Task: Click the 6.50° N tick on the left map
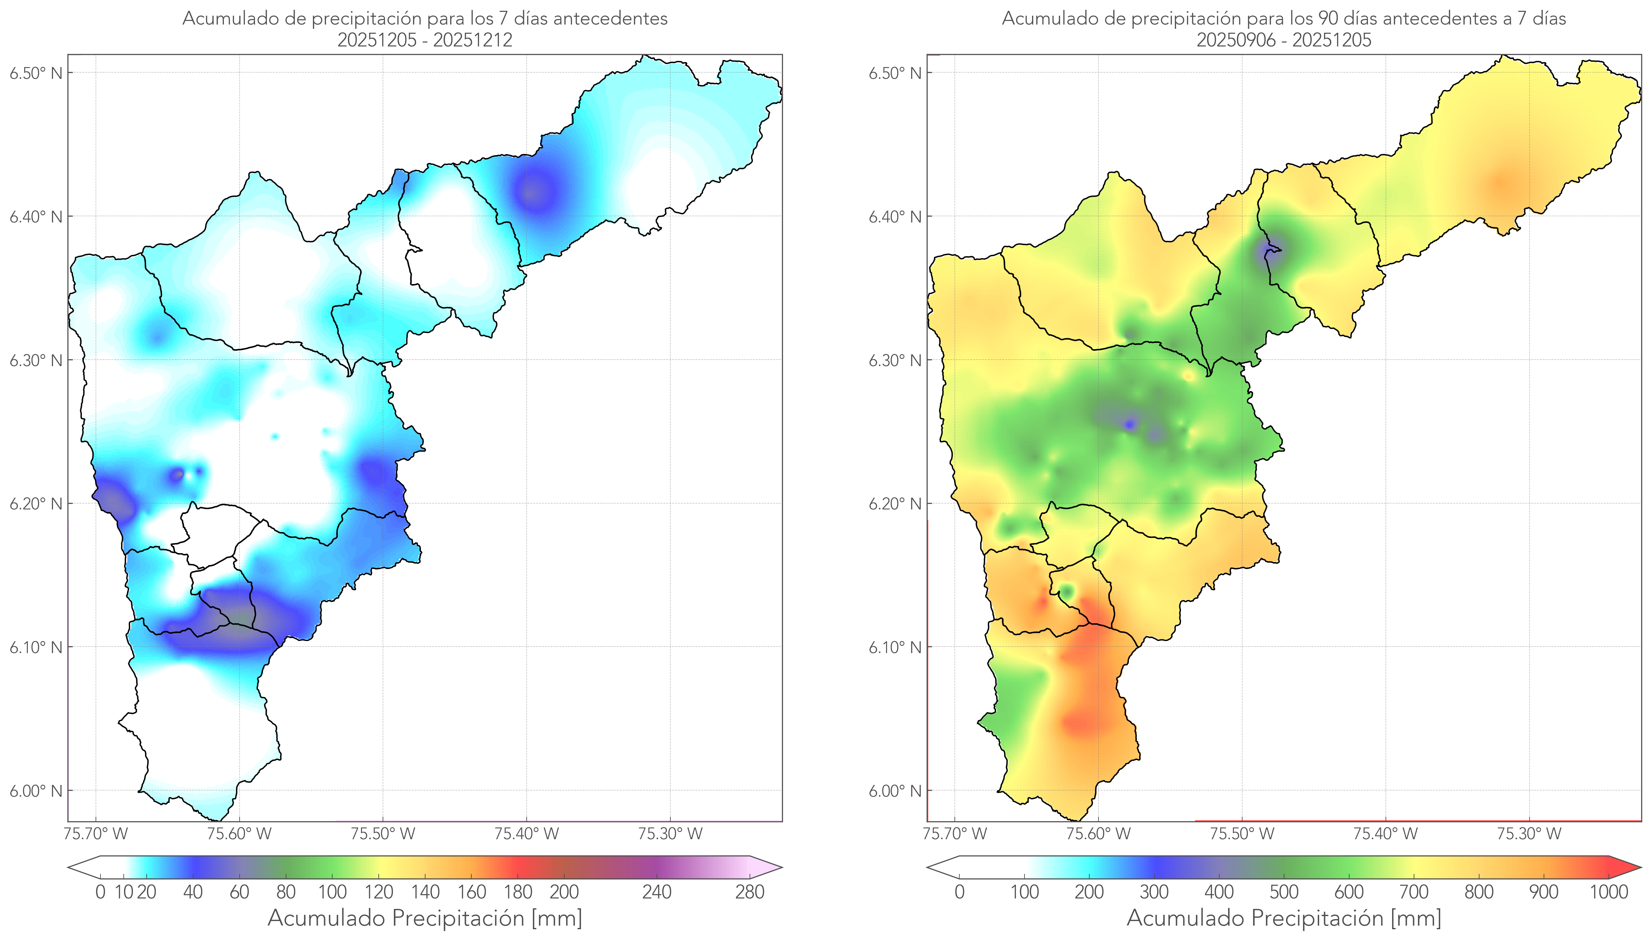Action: [36, 73]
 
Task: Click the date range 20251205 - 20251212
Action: [425, 40]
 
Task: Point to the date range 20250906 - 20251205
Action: [1284, 40]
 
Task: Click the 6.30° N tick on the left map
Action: [36, 360]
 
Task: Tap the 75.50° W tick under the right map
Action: [1242, 834]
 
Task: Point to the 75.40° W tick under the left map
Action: [526, 834]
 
